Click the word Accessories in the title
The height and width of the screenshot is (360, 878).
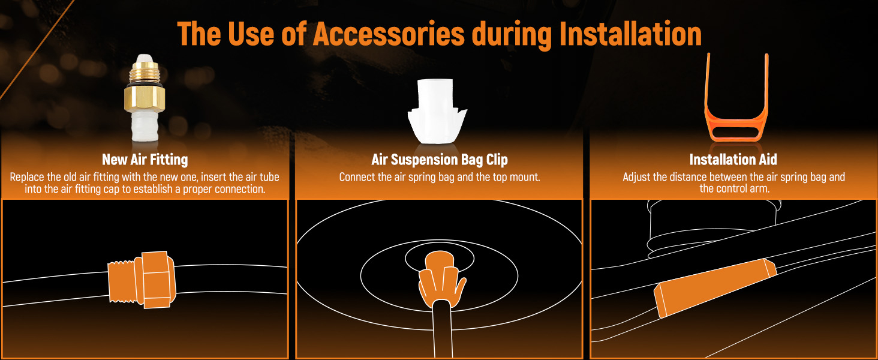[x=388, y=34]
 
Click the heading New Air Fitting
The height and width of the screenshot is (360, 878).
[x=145, y=160]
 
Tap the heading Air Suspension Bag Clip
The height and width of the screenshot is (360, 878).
[x=439, y=160]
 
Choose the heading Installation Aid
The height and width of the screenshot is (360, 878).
[x=733, y=160]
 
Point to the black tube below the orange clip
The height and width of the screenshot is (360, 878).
[x=440, y=330]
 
